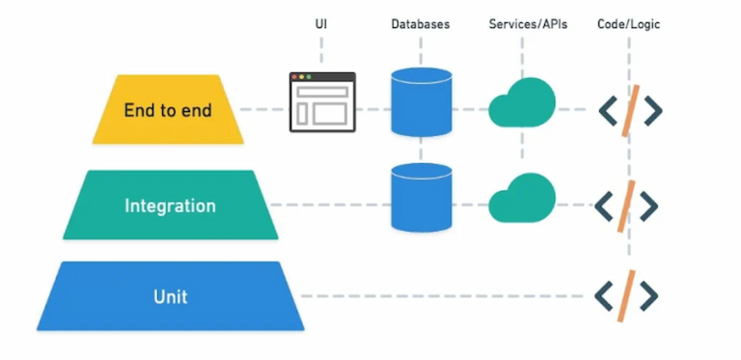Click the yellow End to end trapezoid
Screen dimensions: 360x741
point(168,109)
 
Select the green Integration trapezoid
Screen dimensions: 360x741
point(170,205)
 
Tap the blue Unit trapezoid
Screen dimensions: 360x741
point(170,295)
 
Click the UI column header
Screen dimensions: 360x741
point(321,22)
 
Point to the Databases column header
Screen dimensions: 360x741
point(421,22)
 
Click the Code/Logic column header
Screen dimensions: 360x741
point(630,22)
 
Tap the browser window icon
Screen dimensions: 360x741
point(322,102)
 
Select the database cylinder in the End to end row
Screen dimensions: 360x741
point(422,102)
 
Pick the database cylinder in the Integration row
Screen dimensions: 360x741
point(422,197)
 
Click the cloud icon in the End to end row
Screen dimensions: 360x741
point(523,105)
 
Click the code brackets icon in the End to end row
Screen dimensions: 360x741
point(629,110)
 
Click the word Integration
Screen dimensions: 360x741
point(170,206)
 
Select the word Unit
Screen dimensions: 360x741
point(170,295)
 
